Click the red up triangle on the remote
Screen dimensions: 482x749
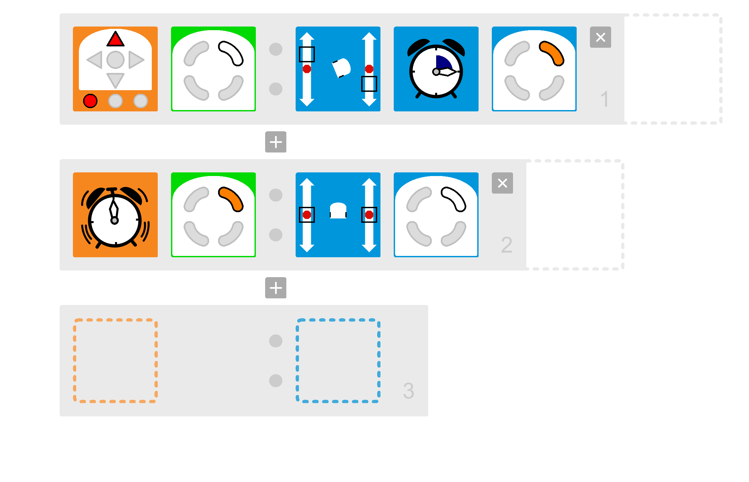[x=115, y=40]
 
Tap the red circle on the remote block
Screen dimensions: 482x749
[x=90, y=101]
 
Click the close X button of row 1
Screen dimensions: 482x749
[x=600, y=37]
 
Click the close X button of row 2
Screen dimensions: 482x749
[x=502, y=183]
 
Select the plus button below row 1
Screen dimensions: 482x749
[x=275, y=142]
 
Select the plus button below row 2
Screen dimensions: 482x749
[x=275, y=288]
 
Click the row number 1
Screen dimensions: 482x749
[x=605, y=99]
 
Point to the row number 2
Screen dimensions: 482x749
[x=506, y=245]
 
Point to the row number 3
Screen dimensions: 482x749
[x=408, y=391]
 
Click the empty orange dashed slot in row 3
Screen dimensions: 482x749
[x=115, y=361]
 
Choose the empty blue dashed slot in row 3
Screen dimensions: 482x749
[x=338, y=361]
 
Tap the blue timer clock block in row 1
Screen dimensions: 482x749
[x=436, y=69]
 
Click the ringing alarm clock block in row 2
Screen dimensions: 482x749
[x=115, y=215]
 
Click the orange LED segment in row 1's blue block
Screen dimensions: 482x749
[x=551, y=53]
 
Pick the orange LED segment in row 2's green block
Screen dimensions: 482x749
[x=231, y=199]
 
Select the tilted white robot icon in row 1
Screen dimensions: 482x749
[x=341, y=68]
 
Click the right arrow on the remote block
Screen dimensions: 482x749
[x=136, y=60]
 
